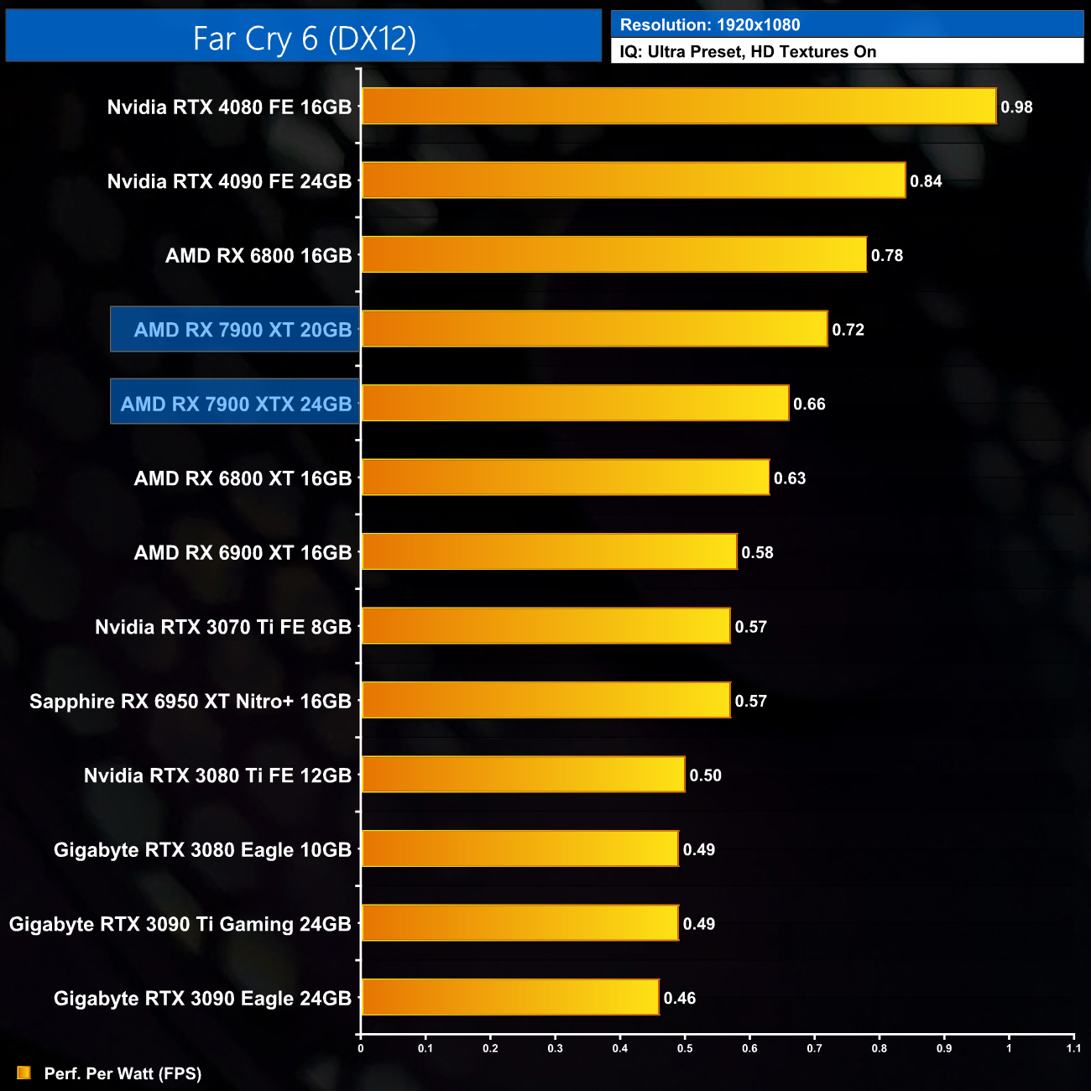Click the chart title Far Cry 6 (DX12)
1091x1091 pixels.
click(304, 39)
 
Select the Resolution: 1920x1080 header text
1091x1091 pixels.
click(710, 25)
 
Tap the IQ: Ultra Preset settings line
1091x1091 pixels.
click(748, 52)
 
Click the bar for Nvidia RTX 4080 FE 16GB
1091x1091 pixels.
click(678, 107)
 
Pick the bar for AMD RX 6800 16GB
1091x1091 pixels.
click(613, 255)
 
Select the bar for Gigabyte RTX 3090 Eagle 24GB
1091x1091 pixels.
click(509, 998)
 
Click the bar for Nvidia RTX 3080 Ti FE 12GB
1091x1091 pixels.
click(523, 775)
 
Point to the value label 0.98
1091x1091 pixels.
click(1016, 107)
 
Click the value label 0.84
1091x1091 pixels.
click(926, 181)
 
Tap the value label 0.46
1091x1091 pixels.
click(680, 999)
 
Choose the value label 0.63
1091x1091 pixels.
click(790, 478)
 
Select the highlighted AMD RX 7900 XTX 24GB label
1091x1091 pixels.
click(236, 405)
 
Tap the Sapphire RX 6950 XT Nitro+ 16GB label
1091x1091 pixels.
click(191, 702)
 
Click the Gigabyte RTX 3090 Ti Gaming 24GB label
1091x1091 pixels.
click(180, 925)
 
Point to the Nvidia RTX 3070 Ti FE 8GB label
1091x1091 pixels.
click(223, 627)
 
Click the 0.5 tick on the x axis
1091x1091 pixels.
click(685, 1048)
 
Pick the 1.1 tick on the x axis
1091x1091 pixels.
click(1073, 1048)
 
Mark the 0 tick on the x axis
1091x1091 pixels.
click(361, 1048)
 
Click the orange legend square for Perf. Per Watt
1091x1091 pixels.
click(23, 1073)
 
